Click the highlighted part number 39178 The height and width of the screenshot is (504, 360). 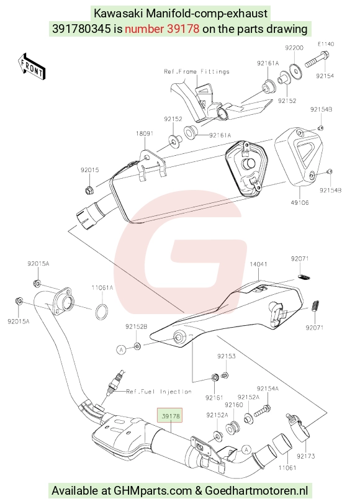(x=171, y=416)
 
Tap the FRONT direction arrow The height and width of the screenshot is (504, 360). (x=32, y=66)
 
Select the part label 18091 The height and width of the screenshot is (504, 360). (x=145, y=133)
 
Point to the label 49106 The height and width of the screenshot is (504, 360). (x=300, y=202)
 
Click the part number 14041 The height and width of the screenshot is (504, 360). (x=258, y=264)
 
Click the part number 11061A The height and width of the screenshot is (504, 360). (x=102, y=287)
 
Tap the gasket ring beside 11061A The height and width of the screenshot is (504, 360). (x=102, y=312)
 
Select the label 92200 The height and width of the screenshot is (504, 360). (x=294, y=48)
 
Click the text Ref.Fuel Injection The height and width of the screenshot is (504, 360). (x=159, y=392)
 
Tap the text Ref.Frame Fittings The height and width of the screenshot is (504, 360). (x=197, y=71)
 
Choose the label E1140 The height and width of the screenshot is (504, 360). (x=326, y=44)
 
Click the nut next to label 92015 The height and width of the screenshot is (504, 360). (x=89, y=191)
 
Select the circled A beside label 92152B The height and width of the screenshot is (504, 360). (x=121, y=349)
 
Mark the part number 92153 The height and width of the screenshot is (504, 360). (x=227, y=356)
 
